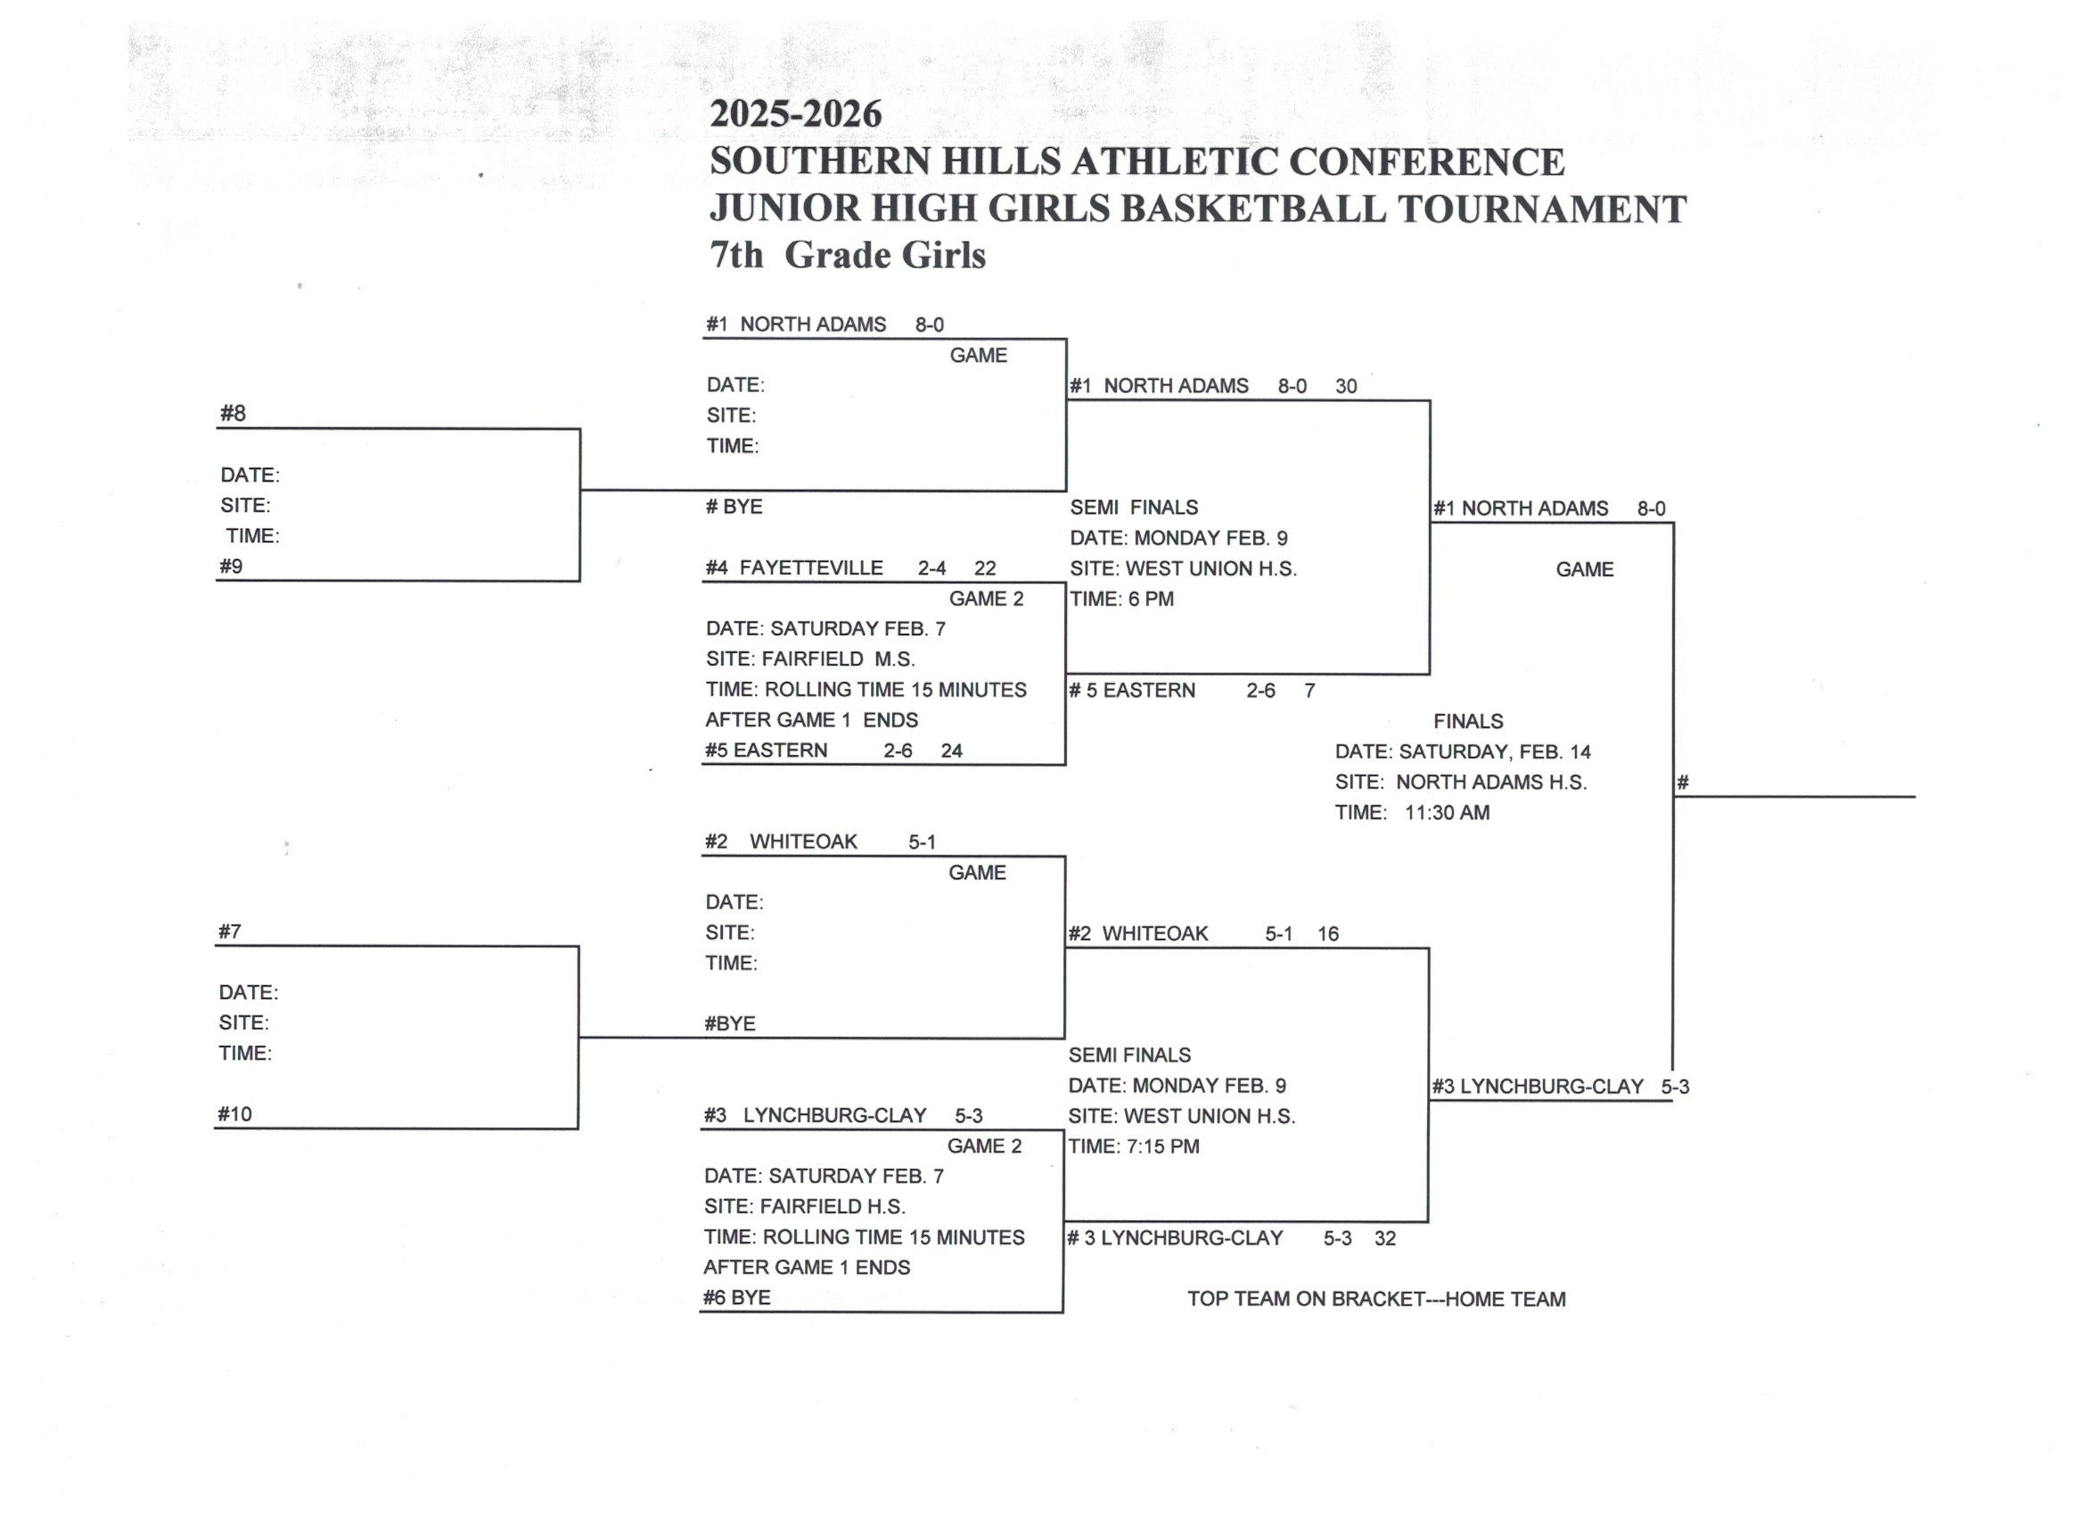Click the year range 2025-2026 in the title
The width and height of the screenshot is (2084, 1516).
click(x=795, y=114)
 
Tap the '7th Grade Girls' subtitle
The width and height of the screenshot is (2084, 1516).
click(x=847, y=255)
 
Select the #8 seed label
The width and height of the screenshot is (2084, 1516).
click(x=233, y=414)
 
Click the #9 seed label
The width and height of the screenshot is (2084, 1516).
click(x=231, y=566)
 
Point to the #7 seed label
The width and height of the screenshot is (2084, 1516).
click(x=230, y=931)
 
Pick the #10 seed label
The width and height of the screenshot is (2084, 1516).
click(x=234, y=1114)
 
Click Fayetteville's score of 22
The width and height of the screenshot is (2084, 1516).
click(x=985, y=568)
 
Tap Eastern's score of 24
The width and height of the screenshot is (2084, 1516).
click(x=951, y=750)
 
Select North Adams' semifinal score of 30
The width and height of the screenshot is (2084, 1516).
click(x=1345, y=386)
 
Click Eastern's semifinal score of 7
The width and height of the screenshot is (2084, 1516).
click(x=1309, y=690)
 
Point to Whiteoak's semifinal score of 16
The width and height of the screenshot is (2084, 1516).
click(x=1328, y=934)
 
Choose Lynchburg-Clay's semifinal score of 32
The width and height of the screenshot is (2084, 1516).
click(x=1385, y=1239)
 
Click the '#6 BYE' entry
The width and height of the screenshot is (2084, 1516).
click(x=737, y=1298)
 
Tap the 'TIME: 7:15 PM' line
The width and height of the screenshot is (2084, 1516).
click(x=1133, y=1147)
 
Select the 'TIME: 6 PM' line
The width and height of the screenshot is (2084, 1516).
click(x=1121, y=598)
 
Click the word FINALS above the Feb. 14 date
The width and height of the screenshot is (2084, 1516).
click(x=1467, y=721)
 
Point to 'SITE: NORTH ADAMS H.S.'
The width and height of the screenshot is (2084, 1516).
click(x=1460, y=782)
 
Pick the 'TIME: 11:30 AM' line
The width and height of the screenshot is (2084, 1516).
click(x=1411, y=812)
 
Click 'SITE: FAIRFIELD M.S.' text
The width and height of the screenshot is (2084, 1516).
click(x=809, y=659)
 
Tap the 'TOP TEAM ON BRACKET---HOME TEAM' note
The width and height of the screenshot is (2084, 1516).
click(x=1375, y=1299)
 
